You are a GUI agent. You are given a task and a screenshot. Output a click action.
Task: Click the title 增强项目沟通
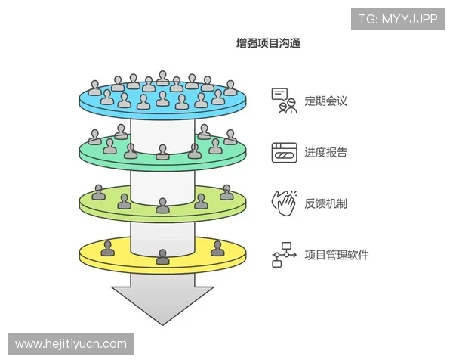[269, 43]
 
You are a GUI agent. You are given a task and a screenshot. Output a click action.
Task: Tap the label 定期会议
[325, 100]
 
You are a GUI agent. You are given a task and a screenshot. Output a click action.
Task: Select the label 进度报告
[325, 152]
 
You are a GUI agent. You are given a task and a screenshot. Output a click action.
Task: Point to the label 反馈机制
[325, 203]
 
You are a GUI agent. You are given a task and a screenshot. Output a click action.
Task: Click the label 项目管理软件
[336, 254]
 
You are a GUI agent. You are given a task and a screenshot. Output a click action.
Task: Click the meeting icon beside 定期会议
[283, 100]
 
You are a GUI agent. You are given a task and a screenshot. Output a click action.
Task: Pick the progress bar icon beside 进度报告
[283, 152]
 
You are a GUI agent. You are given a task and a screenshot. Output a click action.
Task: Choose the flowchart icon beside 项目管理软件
[283, 255]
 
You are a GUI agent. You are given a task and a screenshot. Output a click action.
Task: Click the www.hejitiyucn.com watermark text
[72, 344]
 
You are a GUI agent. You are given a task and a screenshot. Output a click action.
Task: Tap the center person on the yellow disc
[162, 256]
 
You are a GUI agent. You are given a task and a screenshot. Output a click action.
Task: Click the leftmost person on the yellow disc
[108, 248]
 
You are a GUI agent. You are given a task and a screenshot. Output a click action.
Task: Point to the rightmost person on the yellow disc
[217, 248]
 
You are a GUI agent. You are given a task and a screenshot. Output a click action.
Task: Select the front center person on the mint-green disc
[162, 153]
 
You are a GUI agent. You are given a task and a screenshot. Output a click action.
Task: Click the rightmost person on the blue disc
[230, 88]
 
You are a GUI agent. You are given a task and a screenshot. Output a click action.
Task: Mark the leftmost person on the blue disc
[94, 88]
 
